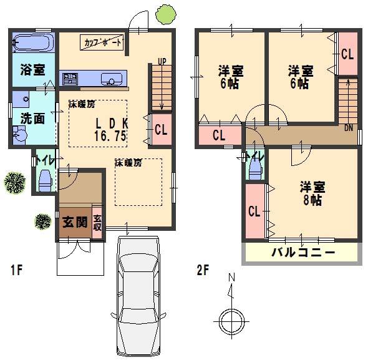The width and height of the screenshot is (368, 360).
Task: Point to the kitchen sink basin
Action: click(113, 79)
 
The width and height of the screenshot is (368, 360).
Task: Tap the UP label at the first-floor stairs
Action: click(162, 61)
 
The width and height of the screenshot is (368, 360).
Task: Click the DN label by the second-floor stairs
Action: click(348, 127)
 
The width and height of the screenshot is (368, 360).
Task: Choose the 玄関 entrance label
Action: click(74, 221)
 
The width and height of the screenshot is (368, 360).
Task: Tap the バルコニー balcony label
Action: click(303, 253)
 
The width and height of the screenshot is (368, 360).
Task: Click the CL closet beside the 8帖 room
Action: click(254, 211)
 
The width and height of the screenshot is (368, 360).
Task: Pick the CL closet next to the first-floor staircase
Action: click(161, 130)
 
